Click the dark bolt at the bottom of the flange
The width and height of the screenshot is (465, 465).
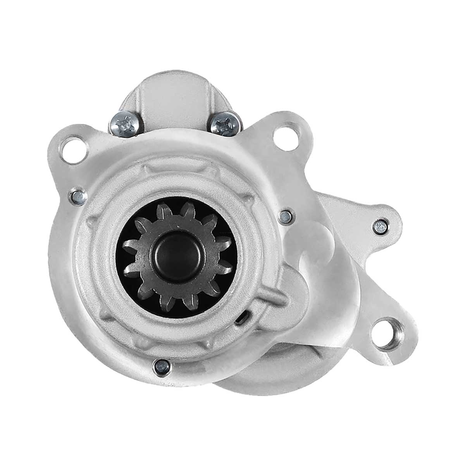click(160, 365)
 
